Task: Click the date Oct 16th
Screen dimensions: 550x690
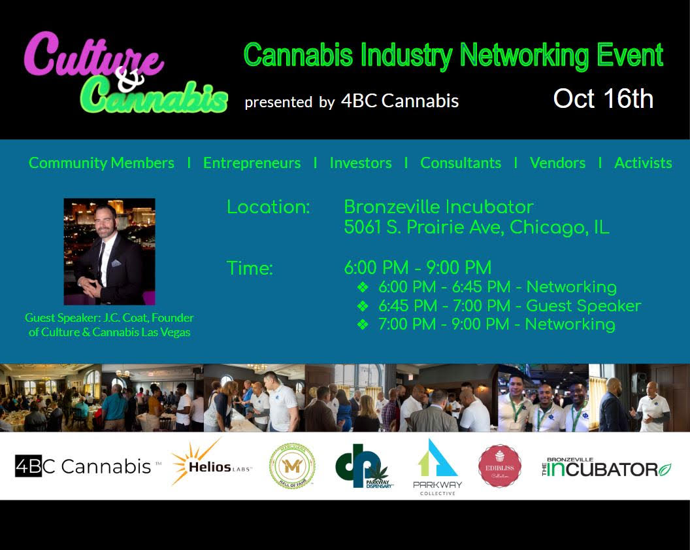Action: pos(602,99)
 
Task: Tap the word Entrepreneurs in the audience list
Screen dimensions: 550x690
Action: pos(252,163)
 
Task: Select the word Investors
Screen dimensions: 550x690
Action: pos(361,163)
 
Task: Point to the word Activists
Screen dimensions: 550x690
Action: pos(643,163)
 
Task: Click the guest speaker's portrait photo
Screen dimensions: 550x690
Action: pos(109,252)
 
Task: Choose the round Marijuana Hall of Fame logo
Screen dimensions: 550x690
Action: pos(292,466)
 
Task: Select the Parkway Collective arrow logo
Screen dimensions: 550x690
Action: pos(437,466)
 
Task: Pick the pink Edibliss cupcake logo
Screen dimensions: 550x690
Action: pos(499,466)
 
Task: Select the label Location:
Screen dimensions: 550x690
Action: pos(268,207)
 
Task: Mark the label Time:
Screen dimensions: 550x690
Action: pos(250,268)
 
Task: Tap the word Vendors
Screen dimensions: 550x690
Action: pos(557,163)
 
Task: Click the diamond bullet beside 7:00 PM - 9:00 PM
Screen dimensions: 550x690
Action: pos(363,324)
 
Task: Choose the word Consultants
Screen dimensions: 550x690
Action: pos(461,163)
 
